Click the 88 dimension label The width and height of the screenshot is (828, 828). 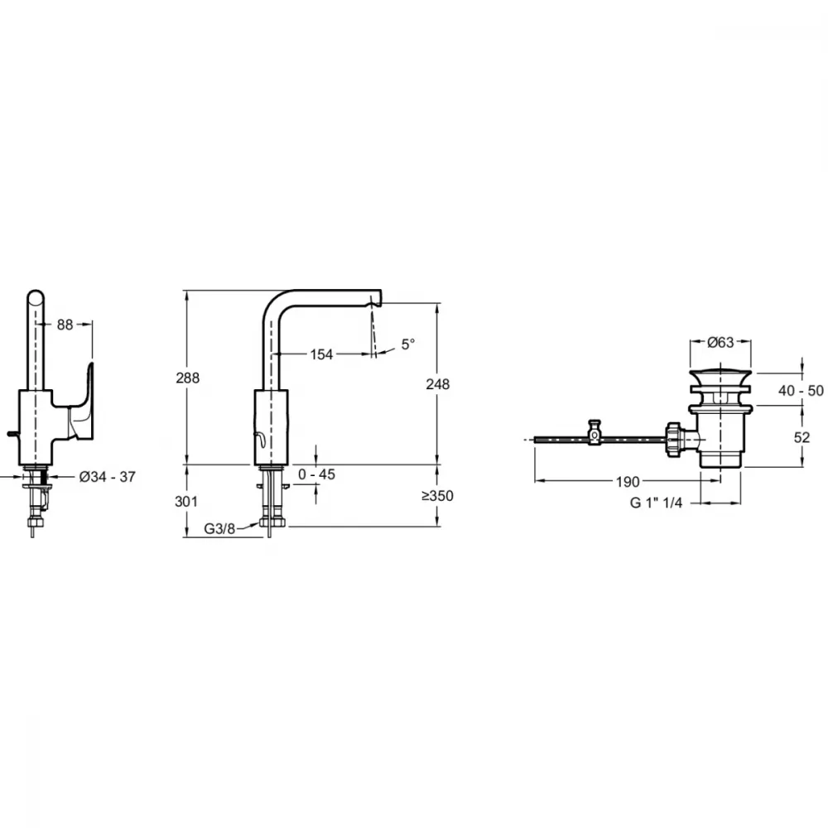click(x=65, y=325)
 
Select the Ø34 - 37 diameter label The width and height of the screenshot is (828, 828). click(x=108, y=477)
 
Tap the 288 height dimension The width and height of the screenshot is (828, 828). click(x=188, y=378)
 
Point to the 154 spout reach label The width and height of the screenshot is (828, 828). click(x=321, y=354)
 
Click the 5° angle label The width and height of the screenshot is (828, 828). click(x=408, y=344)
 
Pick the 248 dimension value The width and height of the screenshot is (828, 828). click(x=438, y=384)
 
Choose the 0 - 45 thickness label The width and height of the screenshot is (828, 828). click(x=317, y=474)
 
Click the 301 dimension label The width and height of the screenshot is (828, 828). click(x=186, y=501)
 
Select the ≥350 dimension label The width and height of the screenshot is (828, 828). click(x=437, y=496)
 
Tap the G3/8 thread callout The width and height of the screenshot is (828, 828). click(x=219, y=528)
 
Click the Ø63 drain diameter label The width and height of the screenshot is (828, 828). click(x=721, y=342)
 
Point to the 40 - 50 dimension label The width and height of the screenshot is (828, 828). click(x=801, y=390)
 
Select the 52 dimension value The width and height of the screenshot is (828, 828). click(x=802, y=437)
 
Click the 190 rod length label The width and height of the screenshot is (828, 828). click(x=628, y=482)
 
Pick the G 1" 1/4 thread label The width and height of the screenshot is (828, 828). click(x=657, y=503)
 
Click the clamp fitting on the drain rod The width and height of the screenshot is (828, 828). click(x=595, y=432)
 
